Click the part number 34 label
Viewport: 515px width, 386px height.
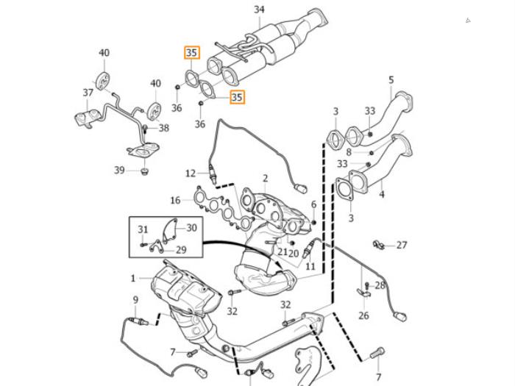coord(259,10)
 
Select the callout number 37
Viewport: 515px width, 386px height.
coord(88,93)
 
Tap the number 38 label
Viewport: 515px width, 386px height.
coord(163,128)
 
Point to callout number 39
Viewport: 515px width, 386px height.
coord(119,170)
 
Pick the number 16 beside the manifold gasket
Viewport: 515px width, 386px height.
coord(175,200)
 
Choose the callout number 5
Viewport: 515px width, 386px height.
coord(391,79)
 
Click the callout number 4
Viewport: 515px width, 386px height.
coord(381,195)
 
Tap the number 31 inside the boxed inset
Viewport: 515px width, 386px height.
coord(143,229)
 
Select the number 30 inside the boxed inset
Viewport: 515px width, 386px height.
coord(191,228)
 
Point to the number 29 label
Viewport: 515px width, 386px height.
coord(180,250)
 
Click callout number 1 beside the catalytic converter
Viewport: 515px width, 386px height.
coord(133,278)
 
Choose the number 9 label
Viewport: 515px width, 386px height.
coord(135,299)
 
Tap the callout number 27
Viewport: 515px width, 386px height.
coord(402,245)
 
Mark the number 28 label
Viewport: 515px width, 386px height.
coord(380,285)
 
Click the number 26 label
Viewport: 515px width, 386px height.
coord(363,316)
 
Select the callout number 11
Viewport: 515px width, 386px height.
coord(310,266)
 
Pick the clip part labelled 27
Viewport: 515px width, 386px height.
coord(380,244)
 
